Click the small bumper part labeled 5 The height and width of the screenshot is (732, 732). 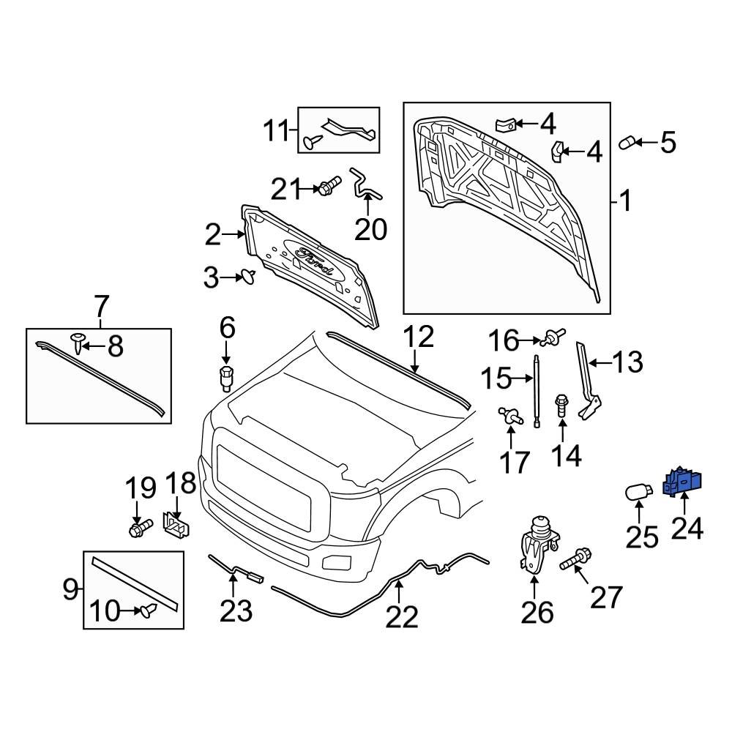[x=629, y=142]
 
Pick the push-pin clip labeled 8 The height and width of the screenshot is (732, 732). [x=78, y=340]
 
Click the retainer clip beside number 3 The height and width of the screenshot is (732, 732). [x=247, y=277]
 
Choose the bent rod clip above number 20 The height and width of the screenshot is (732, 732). [x=364, y=184]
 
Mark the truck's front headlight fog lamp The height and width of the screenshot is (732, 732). [x=337, y=563]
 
